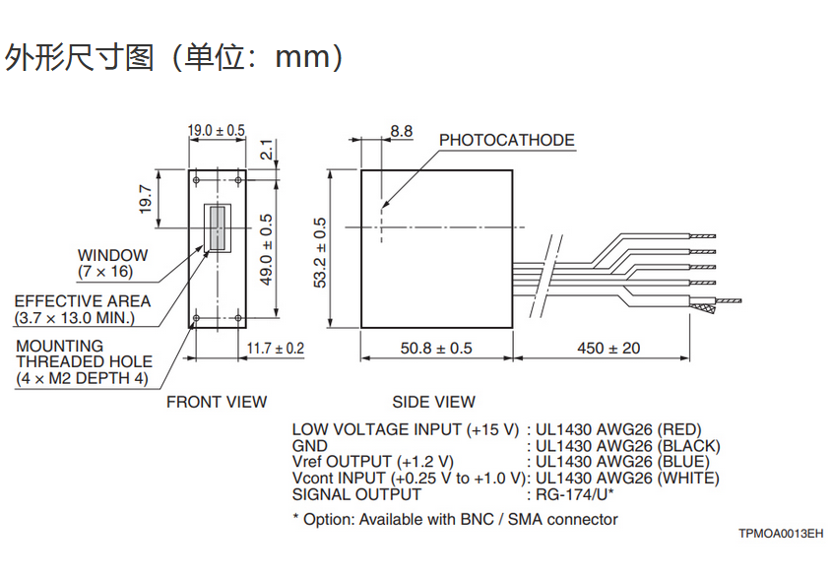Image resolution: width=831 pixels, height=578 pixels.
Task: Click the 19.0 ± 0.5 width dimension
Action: pyautogui.click(x=216, y=130)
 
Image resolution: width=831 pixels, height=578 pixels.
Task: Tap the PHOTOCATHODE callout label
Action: pyautogui.click(x=506, y=140)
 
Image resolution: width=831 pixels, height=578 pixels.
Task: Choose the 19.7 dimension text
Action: pyautogui.click(x=146, y=199)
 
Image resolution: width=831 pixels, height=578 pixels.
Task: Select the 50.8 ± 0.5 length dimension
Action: pyautogui.click(x=436, y=349)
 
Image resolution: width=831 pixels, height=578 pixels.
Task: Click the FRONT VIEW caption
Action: pyautogui.click(x=217, y=402)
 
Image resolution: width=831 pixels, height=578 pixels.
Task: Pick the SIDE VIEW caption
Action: pyautogui.click(x=433, y=402)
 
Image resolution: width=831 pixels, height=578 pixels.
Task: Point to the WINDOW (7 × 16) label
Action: pyautogui.click(x=112, y=263)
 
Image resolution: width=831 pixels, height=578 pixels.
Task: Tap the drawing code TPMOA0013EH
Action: pyautogui.click(x=780, y=534)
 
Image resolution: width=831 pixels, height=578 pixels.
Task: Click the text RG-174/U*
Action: pyautogui.click(x=574, y=494)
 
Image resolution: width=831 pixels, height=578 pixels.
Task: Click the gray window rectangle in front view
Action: pyautogui.click(x=215, y=227)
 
